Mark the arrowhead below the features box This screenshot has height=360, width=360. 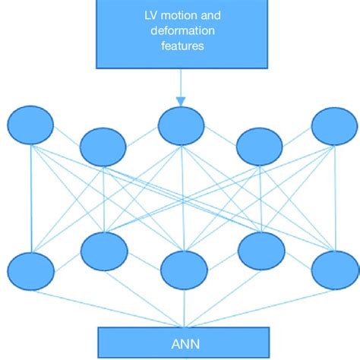180,99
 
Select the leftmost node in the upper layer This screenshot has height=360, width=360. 30,125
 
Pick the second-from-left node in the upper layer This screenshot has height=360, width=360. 103,146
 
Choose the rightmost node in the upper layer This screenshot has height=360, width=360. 335,125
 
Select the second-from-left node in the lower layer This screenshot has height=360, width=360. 103,251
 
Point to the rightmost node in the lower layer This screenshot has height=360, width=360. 335,270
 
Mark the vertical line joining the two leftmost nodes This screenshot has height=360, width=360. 30,197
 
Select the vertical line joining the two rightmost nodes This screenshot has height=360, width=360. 335,197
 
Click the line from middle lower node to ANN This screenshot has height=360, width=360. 182,308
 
